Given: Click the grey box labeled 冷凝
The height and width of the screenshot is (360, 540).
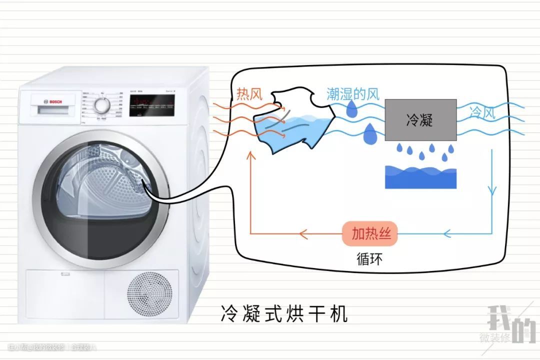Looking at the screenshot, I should click(420, 119).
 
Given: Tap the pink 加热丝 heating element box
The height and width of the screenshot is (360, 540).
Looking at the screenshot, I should click(370, 233).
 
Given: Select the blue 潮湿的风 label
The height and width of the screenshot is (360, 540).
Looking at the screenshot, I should click(353, 93).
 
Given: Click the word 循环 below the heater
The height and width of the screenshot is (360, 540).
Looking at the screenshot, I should click(370, 258).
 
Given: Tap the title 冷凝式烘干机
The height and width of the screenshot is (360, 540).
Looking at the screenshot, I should click(283, 313).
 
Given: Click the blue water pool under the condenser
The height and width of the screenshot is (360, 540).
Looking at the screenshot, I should click(420, 177).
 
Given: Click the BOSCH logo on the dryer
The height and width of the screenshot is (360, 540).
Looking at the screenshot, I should click(50, 101).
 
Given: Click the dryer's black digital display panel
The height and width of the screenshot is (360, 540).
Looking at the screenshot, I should click(152, 105).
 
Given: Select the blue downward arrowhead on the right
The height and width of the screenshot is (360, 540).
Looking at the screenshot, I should click(493, 191).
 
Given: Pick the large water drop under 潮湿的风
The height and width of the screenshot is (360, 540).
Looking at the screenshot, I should click(370, 134).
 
